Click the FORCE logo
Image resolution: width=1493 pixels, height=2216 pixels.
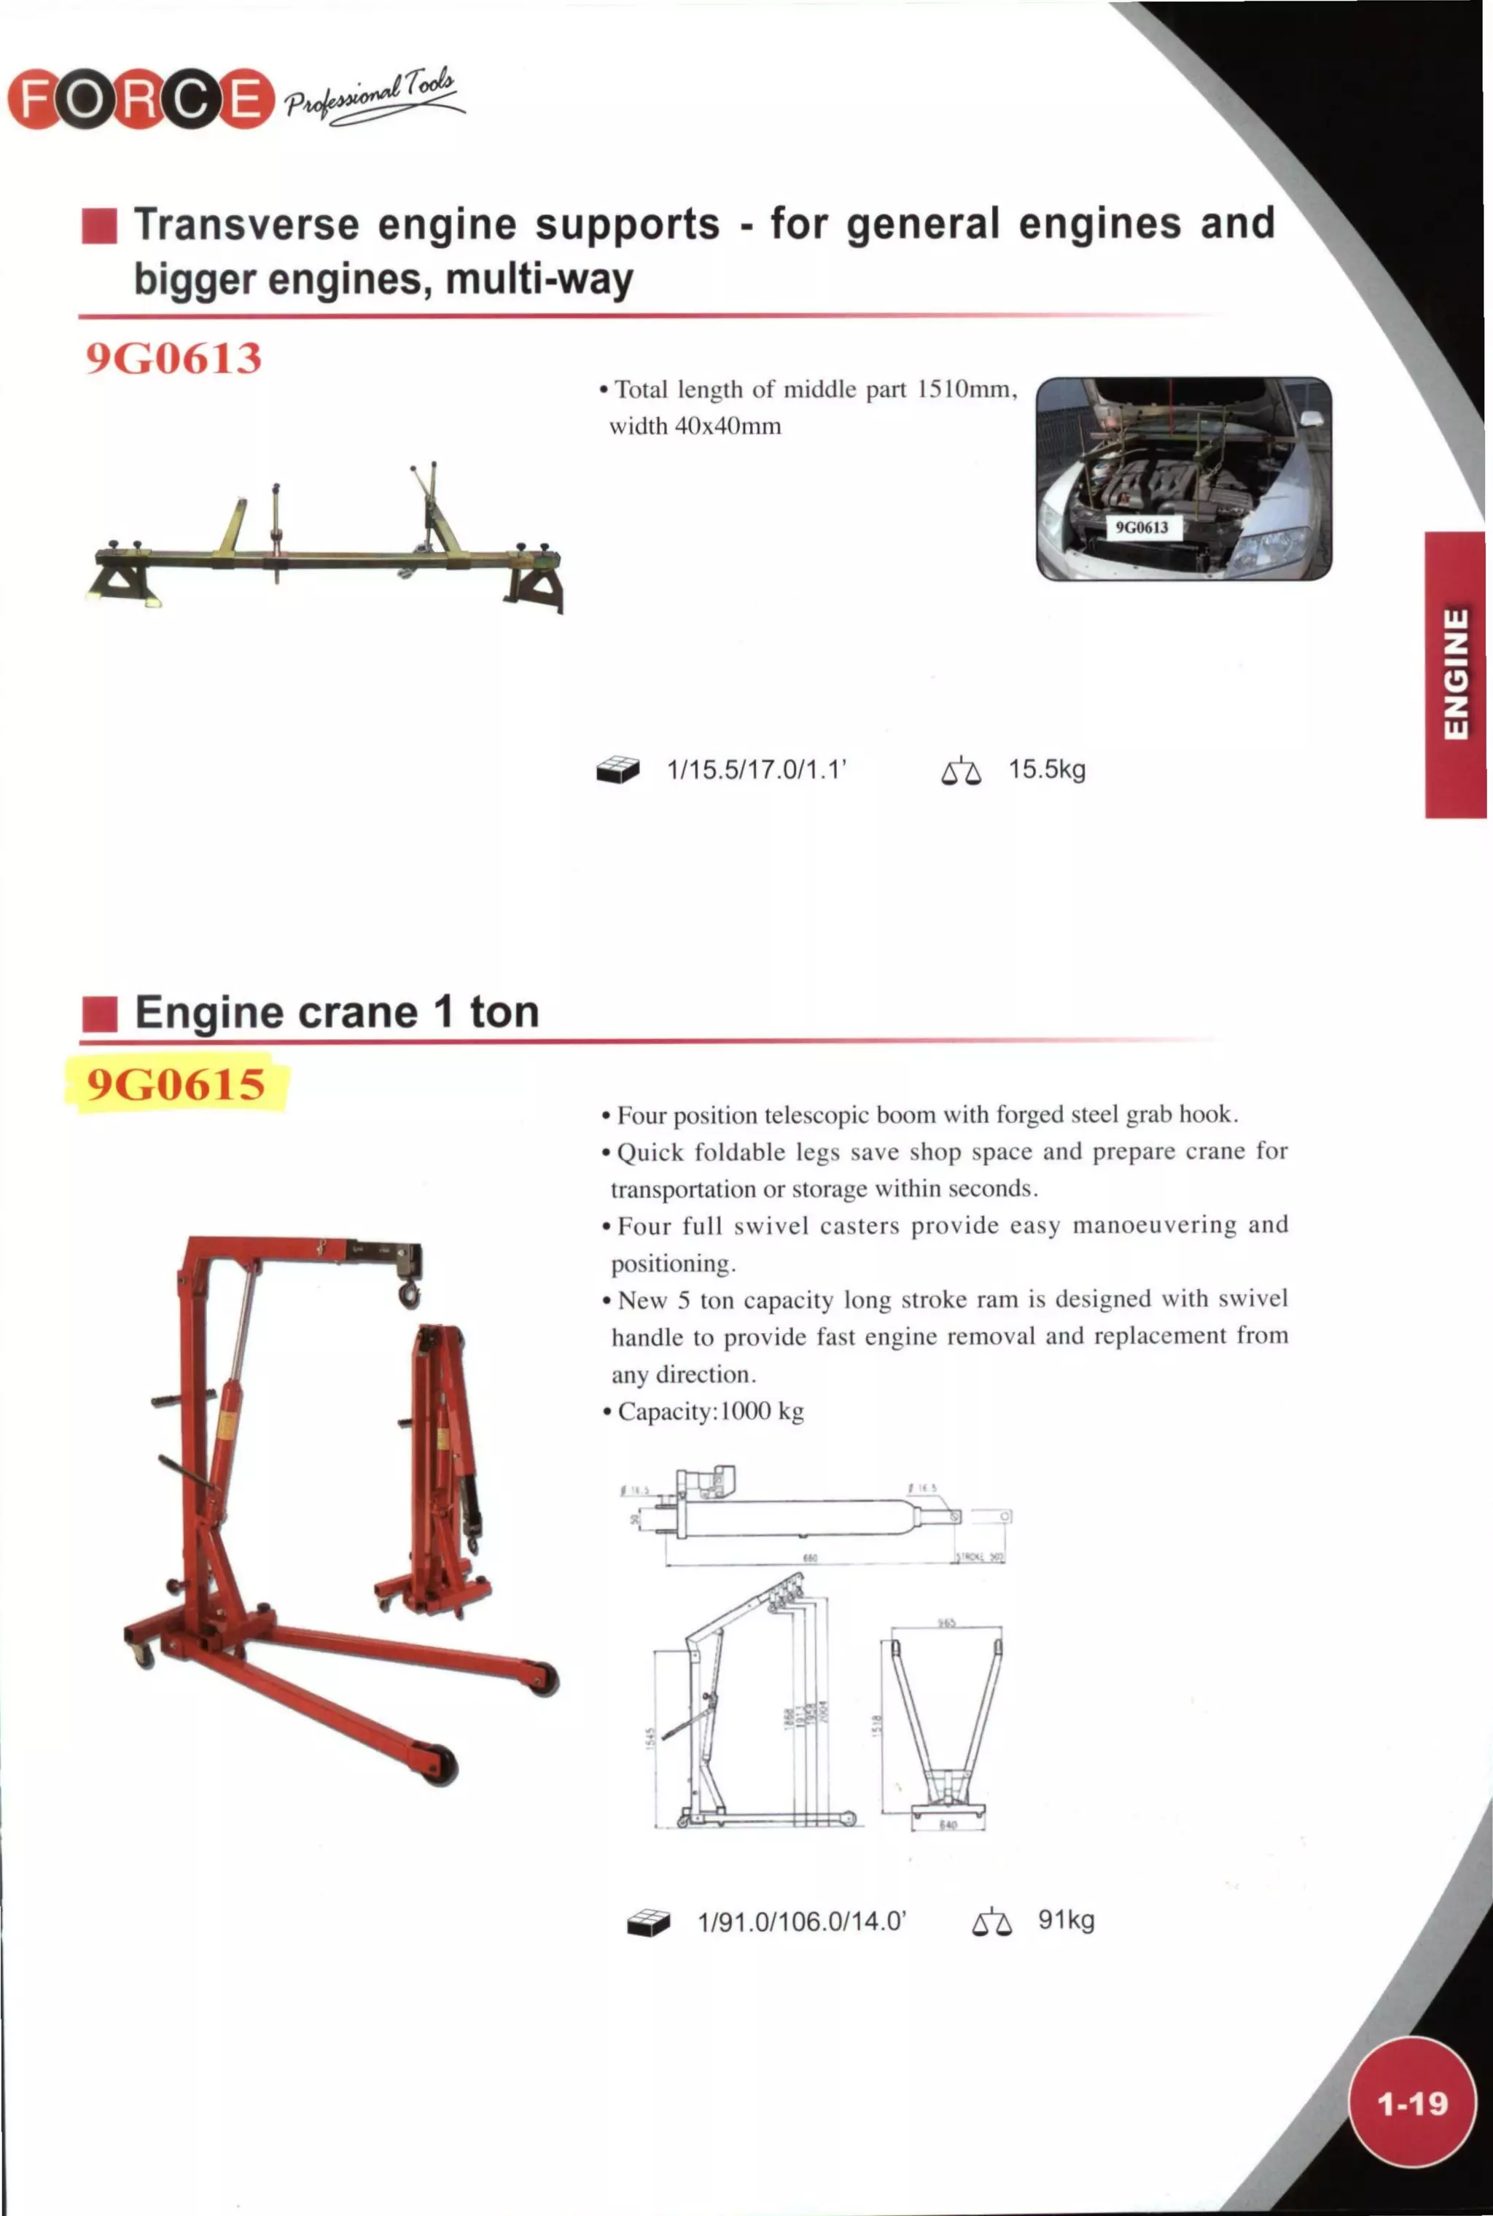coord(140,99)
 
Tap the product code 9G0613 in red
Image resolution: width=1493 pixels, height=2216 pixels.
coord(174,358)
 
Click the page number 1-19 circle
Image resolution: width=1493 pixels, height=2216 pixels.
coord(1412,2102)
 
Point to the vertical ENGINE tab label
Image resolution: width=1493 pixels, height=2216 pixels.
coord(1455,674)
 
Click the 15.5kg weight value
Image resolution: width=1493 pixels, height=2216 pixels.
coord(1046,769)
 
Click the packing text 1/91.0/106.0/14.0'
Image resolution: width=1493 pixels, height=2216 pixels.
coord(802,1921)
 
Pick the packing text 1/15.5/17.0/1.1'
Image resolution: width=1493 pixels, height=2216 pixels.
coord(757,769)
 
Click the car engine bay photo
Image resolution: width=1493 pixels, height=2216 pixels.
coord(1184,478)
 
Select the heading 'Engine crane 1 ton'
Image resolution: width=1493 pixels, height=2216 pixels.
coord(337,1011)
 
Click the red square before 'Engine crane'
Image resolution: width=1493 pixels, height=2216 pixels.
coord(99,1014)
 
